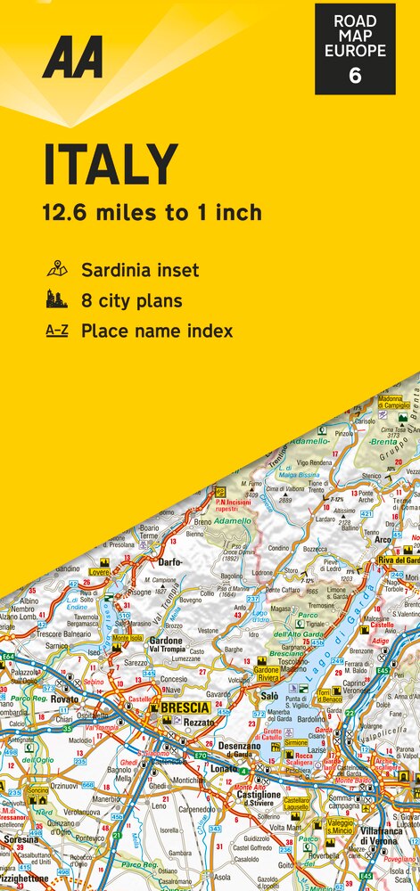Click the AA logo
(73, 58)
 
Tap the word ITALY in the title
(111, 166)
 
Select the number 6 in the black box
(355, 76)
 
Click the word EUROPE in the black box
(355, 51)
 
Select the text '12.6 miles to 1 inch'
(152, 212)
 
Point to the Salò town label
(269, 695)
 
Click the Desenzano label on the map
(240, 746)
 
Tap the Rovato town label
(64, 699)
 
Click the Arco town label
(383, 540)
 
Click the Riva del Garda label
(399, 560)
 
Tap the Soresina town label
(20, 838)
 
